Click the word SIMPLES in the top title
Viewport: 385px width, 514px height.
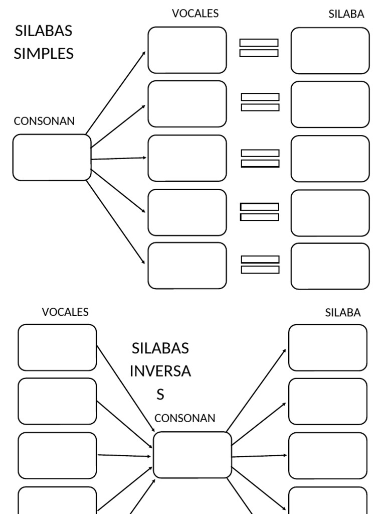point(44,53)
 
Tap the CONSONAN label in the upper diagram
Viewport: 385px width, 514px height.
point(44,121)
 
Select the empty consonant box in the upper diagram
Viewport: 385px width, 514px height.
point(52,157)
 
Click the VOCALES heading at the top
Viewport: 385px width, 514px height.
point(195,14)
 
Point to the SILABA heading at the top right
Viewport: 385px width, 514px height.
point(346,15)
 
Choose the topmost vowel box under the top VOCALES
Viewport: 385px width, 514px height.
point(187,50)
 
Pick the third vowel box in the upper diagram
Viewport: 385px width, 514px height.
point(187,158)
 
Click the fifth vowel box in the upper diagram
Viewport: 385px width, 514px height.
point(187,266)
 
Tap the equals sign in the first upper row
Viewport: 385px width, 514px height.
point(259,48)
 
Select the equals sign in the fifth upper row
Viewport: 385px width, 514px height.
point(260,265)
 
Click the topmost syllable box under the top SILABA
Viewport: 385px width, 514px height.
point(330,50)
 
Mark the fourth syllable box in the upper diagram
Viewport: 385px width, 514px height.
point(330,213)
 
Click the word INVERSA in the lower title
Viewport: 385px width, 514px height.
point(160,371)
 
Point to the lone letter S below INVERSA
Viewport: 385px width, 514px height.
point(160,395)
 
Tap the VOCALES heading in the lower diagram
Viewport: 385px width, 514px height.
point(65,312)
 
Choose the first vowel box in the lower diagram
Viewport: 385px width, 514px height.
point(57,347)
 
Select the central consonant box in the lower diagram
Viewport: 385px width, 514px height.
point(192,455)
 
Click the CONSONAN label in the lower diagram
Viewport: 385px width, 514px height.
point(184,418)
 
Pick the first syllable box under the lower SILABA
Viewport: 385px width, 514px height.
point(327,347)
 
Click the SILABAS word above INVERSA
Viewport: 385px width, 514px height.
point(160,348)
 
